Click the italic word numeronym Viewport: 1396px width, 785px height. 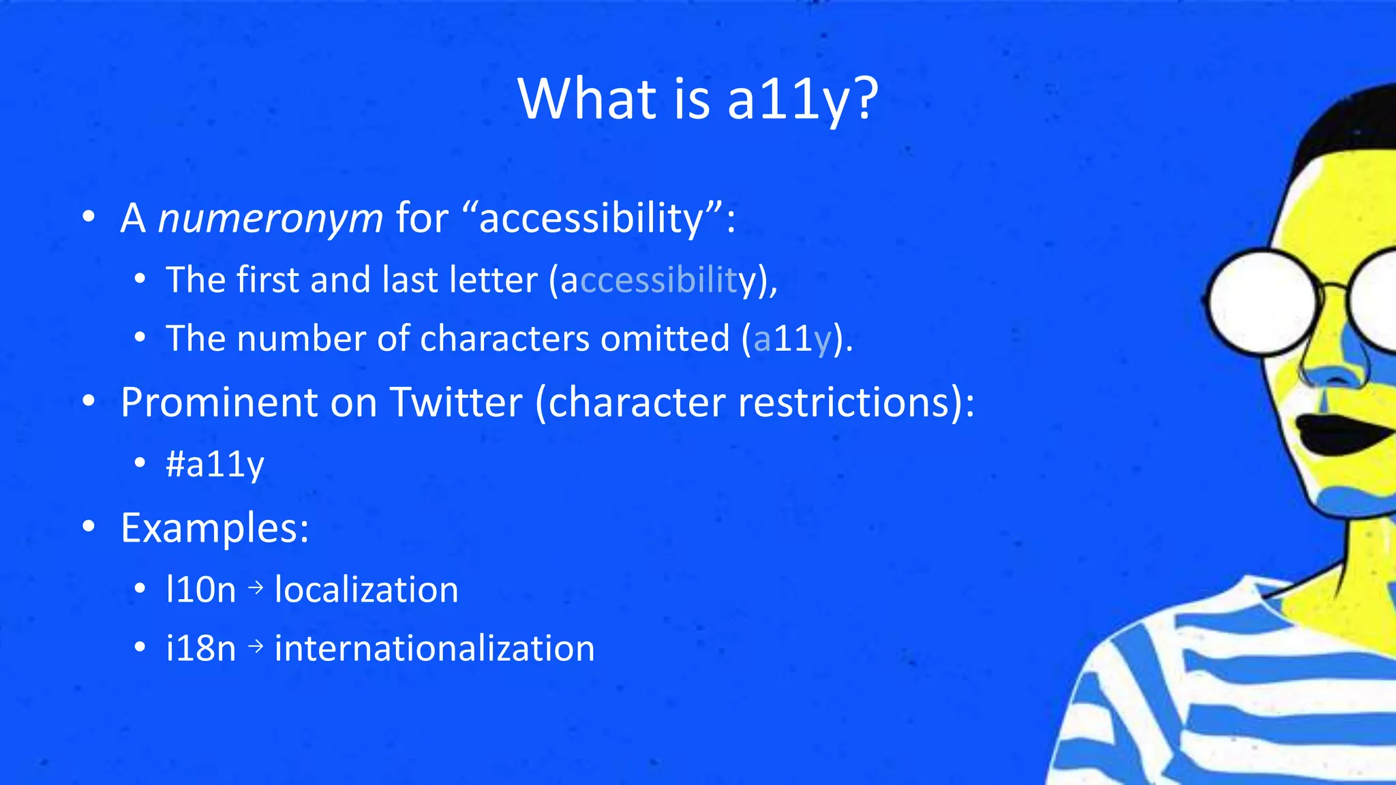[271, 219]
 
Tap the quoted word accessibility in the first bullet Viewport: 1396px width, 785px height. [591, 219]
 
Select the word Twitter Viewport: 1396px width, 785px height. [456, 403]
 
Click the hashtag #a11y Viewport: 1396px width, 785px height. [215, 465]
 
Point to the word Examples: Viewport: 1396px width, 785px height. [215, 528]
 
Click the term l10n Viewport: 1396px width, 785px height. [200, 589]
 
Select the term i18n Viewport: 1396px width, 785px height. [200, 648]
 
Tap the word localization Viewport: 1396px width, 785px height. [366, 589]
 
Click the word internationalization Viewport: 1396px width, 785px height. [434, 648]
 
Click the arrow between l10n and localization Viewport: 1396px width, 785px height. [256, 587]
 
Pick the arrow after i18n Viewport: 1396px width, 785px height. [256, 646]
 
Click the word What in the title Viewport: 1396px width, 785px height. [588, 99]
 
